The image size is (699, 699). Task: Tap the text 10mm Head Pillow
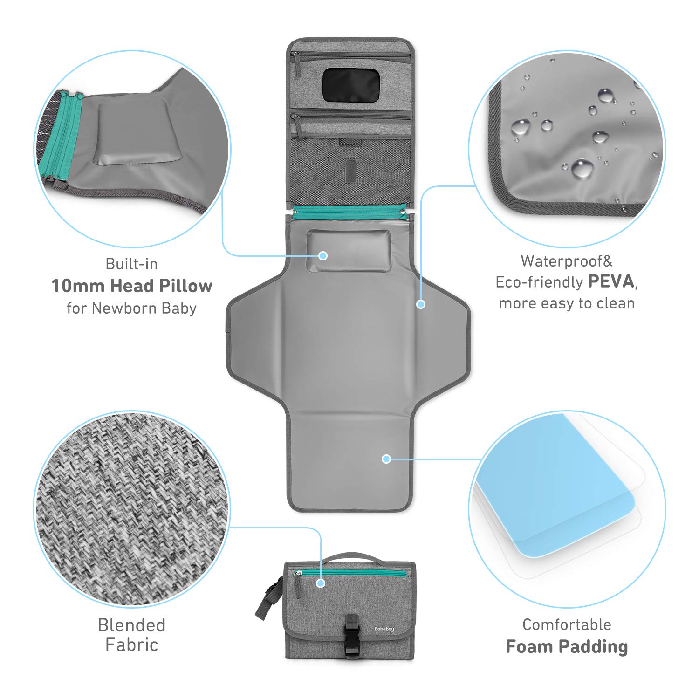[132, 286]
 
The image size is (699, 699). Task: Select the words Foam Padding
[567, 646]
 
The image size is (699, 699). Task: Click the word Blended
[131, 625]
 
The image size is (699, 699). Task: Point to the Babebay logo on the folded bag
[384, 629]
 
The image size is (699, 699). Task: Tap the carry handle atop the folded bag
[350, 557]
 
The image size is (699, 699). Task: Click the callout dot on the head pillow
[323, 255]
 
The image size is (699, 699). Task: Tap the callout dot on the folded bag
[320, 583]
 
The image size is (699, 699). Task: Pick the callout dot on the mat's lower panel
[386, 459]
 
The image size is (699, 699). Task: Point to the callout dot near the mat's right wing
[421, 304]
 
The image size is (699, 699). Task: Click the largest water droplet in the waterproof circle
[582, 168]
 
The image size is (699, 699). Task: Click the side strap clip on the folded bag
[269, 598]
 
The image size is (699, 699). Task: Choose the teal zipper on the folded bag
[354, 572]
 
